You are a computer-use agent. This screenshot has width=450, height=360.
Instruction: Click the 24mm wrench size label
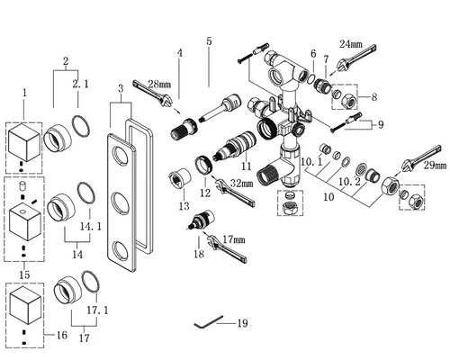[x=351, y=44]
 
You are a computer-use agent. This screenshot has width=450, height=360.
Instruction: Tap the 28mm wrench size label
[x=159, y=85]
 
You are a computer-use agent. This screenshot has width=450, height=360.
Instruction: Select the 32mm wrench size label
[x=241, y=183]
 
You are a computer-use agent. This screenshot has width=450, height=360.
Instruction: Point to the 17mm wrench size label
[x=234, y=239]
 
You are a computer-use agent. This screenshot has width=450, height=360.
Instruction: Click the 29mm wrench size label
[x=435, y=166]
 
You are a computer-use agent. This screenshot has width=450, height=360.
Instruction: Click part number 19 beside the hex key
[x=242, y=323]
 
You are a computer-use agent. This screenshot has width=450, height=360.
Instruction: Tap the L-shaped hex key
[x=209, y=322]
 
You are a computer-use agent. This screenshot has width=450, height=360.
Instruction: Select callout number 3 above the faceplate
[x=121, y=88]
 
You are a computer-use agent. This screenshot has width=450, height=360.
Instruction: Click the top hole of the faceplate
[x=120, y=156]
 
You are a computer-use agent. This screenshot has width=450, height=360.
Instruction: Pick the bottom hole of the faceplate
[x=121, y=250]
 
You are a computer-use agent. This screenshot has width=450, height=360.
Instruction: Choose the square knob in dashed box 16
[x=25, y=307]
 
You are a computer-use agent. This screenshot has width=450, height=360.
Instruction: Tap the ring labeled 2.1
[x=81, y=126]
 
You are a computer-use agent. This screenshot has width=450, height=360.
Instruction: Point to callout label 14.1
[x=90, y=227]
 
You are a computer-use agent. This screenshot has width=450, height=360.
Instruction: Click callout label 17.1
[x=97, y=310]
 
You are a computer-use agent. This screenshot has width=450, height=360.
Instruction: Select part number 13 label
[x=184, y=206]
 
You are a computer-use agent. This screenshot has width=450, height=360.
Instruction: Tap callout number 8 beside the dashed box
[x=374, y=97]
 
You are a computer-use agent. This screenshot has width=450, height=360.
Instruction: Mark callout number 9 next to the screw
[x=381, y=124]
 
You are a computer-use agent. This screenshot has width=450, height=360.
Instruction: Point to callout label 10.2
[x=349, y=182]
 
